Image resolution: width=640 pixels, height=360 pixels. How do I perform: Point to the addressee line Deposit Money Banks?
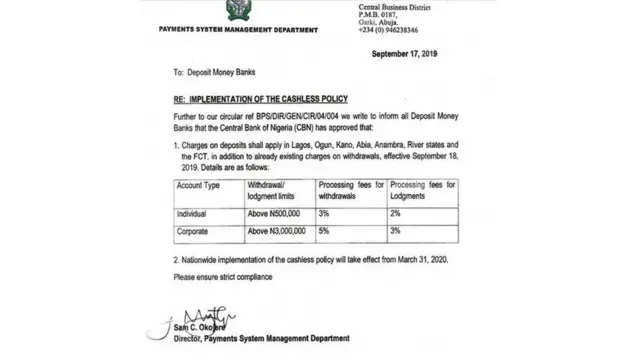click(221, 73)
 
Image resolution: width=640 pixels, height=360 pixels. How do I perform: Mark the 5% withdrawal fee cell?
click(322, 231)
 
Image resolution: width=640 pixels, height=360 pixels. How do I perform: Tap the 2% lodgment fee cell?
click(394, 214)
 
